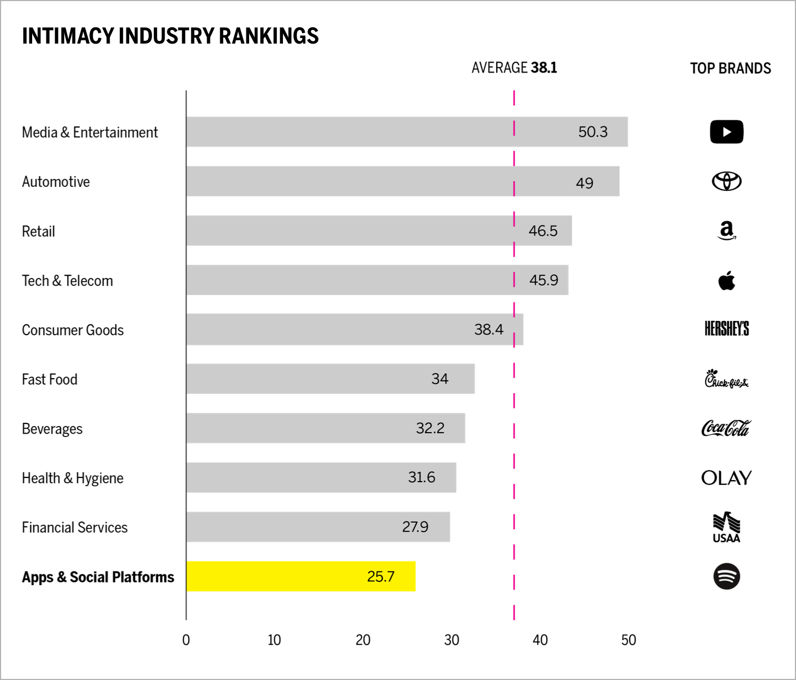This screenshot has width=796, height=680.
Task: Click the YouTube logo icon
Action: point(726,132)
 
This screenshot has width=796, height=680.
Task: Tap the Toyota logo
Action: point(726,181)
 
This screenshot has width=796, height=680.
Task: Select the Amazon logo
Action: point(726,230)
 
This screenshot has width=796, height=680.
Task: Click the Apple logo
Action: point(726,281)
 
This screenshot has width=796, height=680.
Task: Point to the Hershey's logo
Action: point(726,329)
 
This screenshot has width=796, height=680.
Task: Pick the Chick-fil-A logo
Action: point(726,379)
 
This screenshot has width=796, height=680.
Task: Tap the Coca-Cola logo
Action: point(726,428)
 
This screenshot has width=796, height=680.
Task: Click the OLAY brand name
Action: point(726,478)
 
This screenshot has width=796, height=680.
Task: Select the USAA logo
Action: point(726,527)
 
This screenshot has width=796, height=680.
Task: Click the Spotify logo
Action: point(726,576)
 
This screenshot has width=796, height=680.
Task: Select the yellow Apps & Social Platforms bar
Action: point(300,576)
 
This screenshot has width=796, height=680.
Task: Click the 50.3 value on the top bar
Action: point(593,132)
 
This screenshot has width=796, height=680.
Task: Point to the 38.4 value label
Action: point(489,330)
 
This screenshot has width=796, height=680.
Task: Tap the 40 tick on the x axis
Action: point(540,640)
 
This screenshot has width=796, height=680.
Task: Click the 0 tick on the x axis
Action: point(186,640)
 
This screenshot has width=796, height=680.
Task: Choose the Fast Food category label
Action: point(50,379)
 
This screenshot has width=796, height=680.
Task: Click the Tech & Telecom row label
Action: point(68,281)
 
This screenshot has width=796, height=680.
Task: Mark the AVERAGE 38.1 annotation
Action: point(514,68)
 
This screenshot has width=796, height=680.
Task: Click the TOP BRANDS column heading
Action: point(730,68)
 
